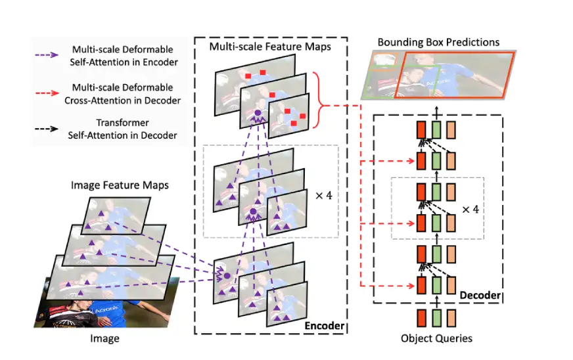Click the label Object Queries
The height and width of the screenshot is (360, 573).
click(x=436, y=338)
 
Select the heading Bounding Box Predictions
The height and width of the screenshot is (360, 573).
click(x=438, y=42)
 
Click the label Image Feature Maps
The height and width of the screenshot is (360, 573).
click(x=119, y=185)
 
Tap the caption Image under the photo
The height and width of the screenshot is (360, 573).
click(x=104, y=338)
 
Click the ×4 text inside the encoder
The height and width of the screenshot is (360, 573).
click(x=320, y=194)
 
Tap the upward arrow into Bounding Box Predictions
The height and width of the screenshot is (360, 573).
click(x=436, y=107)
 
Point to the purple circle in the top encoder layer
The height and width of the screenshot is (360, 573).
click(x=257, y=115)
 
